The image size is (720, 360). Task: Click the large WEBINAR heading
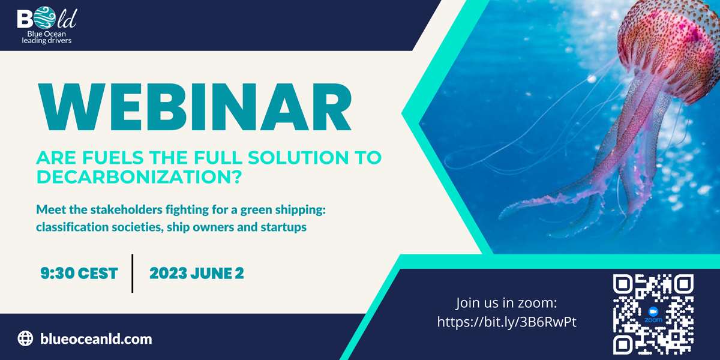[195, 107]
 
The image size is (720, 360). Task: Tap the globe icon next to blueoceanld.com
[25, 338]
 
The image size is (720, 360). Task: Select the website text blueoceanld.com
[96, 339]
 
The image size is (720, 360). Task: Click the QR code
[653, 314]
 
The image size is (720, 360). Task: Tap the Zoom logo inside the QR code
[653, 314]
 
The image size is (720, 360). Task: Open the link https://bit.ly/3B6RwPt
[507, 322]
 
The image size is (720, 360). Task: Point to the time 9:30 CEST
[79, 274]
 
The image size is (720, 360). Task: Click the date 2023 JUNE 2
[197, 274]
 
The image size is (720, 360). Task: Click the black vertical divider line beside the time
[133, 273]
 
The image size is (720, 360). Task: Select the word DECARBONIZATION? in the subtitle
[139, 177]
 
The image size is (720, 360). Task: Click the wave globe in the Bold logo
[44, 18]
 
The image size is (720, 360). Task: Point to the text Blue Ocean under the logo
[47, 34]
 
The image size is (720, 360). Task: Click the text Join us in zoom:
[506, 303]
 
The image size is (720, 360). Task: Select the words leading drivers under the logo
[47, 41]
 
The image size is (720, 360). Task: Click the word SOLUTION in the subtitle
[298, 157]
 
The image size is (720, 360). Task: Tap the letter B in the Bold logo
[25, 19]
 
